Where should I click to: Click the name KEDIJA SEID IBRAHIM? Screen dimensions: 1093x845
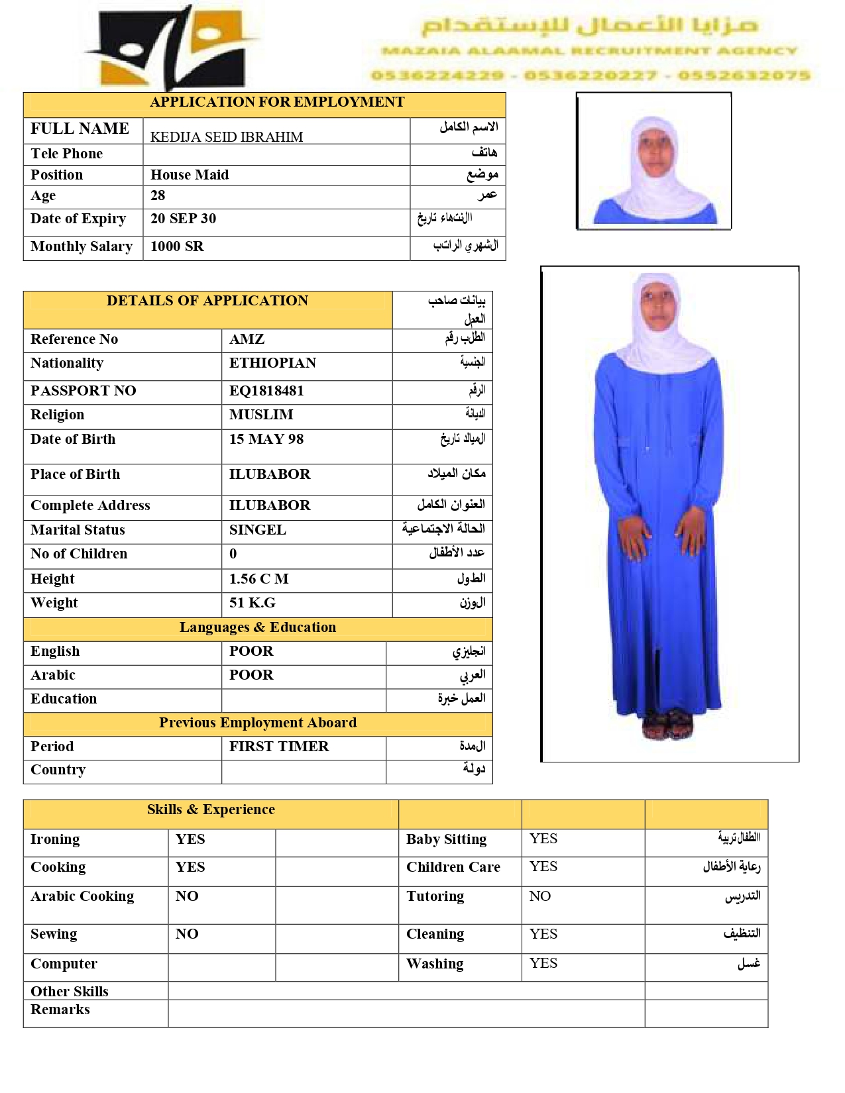click(227, 137)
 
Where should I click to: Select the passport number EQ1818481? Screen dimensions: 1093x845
click(266, 391)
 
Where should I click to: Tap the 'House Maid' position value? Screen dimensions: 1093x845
click(190, 175)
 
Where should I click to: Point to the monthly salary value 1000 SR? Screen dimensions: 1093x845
click(177, 246)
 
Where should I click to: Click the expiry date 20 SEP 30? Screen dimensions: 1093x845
click(183, 219)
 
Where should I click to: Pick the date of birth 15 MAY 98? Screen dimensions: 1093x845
click(266, 439)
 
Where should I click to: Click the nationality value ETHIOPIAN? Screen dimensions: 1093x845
click(272, 363)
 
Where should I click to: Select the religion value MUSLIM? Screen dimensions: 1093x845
click(261, 415)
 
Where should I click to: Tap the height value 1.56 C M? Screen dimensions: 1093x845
click(258, 579)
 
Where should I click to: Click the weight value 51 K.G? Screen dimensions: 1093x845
click(253, 603)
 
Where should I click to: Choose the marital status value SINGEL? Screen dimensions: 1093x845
click(258, 530)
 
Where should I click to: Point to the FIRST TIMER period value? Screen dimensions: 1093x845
click(279, 747)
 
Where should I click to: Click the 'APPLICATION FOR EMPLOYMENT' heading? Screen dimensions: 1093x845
click(277, 102)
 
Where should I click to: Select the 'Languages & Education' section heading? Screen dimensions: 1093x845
click(258, 627)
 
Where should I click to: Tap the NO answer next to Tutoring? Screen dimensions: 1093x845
click(540, 896)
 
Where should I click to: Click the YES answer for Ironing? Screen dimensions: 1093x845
click(190, 839)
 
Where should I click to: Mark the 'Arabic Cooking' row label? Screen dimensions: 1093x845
click(82, 896)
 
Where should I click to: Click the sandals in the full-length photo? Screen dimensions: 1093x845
click(668, 725)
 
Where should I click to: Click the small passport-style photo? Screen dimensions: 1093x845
click(654, 162)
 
